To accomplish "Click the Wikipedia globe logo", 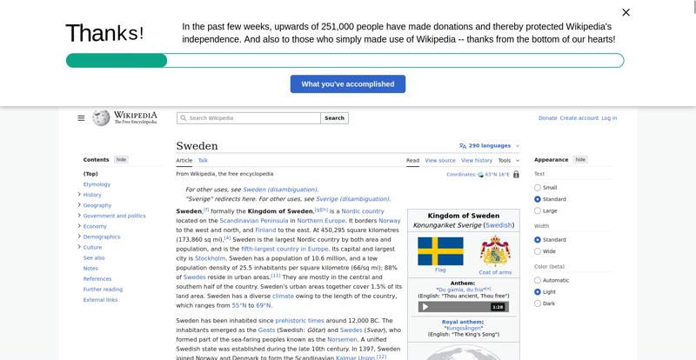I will [101, 117].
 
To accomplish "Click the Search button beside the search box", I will [335, 118].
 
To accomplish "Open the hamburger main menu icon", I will [81, 118].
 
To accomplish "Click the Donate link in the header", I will [547, 118].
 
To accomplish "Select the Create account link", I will [579, 118].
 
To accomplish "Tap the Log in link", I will [609, 118].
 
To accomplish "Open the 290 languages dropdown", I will [489, 146].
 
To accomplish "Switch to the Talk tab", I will [203, 160].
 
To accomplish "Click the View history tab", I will [477, 160].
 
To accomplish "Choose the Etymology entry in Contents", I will [97, 184].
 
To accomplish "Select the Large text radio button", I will [538, 210].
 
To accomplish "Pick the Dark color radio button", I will [538, 303].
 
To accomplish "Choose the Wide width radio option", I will [538, 251].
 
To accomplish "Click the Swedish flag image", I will [440, 251].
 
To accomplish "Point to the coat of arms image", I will [495, 250].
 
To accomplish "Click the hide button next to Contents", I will [122, 160].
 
